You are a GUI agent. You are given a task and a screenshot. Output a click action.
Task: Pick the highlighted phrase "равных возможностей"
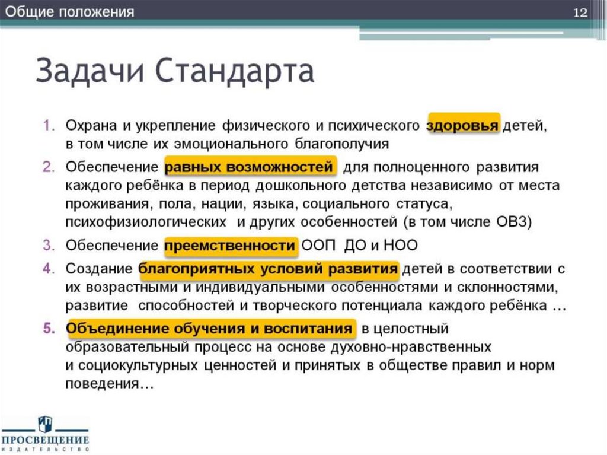point(250,167)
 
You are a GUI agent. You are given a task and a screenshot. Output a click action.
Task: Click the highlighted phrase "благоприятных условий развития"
point(268,269)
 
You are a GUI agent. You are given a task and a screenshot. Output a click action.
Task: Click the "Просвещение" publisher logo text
point(45,440)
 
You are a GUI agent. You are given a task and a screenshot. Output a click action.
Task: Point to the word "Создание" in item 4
point(98,269)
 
